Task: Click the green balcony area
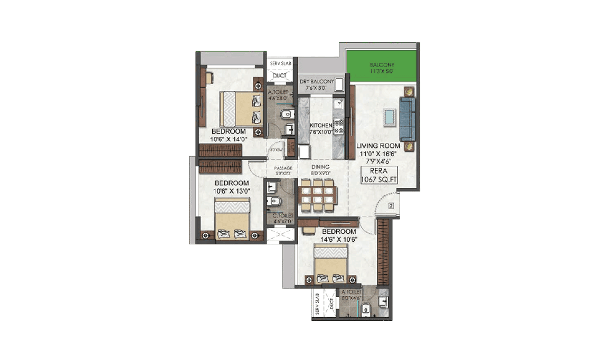pyautogui.click(x=382, y=67)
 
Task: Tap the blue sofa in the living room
pyautogui.click(x=407, y=116)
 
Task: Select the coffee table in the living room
pyautogui.click(x=390, y=117)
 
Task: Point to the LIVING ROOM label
pyautogui.click(x=377, y=146)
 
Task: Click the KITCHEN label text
pyautogui.click(x=320, y=125)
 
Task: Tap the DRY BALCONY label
pyautogui.click(x=317, y=82)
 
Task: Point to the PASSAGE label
pyautogui.click(x=283, y=168)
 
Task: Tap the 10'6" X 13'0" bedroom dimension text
pyautogui.click(x=231, y=191)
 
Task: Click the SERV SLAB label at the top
pyautogui.click(x=280, y=64)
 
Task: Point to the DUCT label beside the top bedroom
pyautogui.click(x=280, y=76)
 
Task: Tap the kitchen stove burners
pyautogui.click(x=339, y=126)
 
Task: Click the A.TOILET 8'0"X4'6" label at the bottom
pyautogui.click(x=351, y=295)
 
